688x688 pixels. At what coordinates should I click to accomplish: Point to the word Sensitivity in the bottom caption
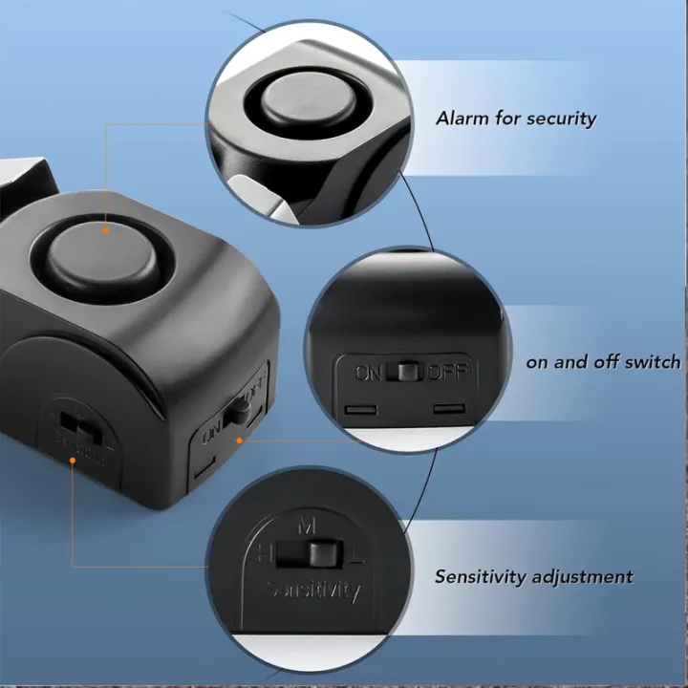click(x=481, y=576)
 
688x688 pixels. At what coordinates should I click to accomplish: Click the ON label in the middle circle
click(x=369, y=372)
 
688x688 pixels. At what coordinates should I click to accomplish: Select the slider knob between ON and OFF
click(x=409, y=371)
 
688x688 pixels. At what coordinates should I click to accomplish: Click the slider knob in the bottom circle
click(x=314, y=554)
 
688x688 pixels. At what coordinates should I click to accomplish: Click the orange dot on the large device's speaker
click(x=106, y=229)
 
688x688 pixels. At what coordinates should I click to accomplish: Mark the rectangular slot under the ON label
click(x=359, y=410)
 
